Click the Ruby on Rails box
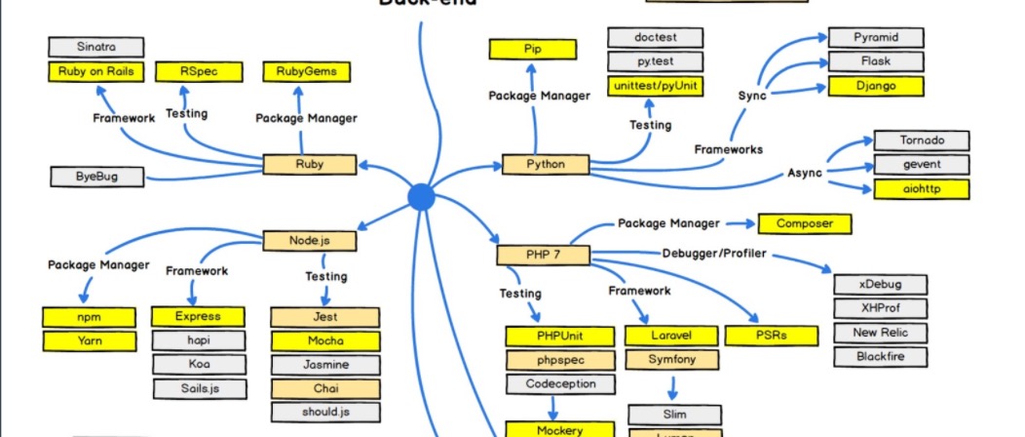tap(95, 71)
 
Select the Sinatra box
tap(95, 47)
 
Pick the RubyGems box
tap(306, 71)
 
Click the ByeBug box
tap(95, 177)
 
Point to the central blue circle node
tap(421, 196)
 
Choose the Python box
tap(545, 164)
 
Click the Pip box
tap(533, 49)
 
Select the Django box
tap(874, 87)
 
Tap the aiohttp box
tap(921, 188)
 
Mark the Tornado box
tap(921, 139)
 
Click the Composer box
tap(804, 223)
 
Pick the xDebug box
tap(880, 284)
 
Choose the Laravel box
tap(671, 336)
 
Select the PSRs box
tap(771, 336)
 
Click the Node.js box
tap(309, 240)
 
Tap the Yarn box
tap(90, 341)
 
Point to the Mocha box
tap(324, 341)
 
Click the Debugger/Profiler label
tap(714, 254)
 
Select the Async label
tap(804, 173)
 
